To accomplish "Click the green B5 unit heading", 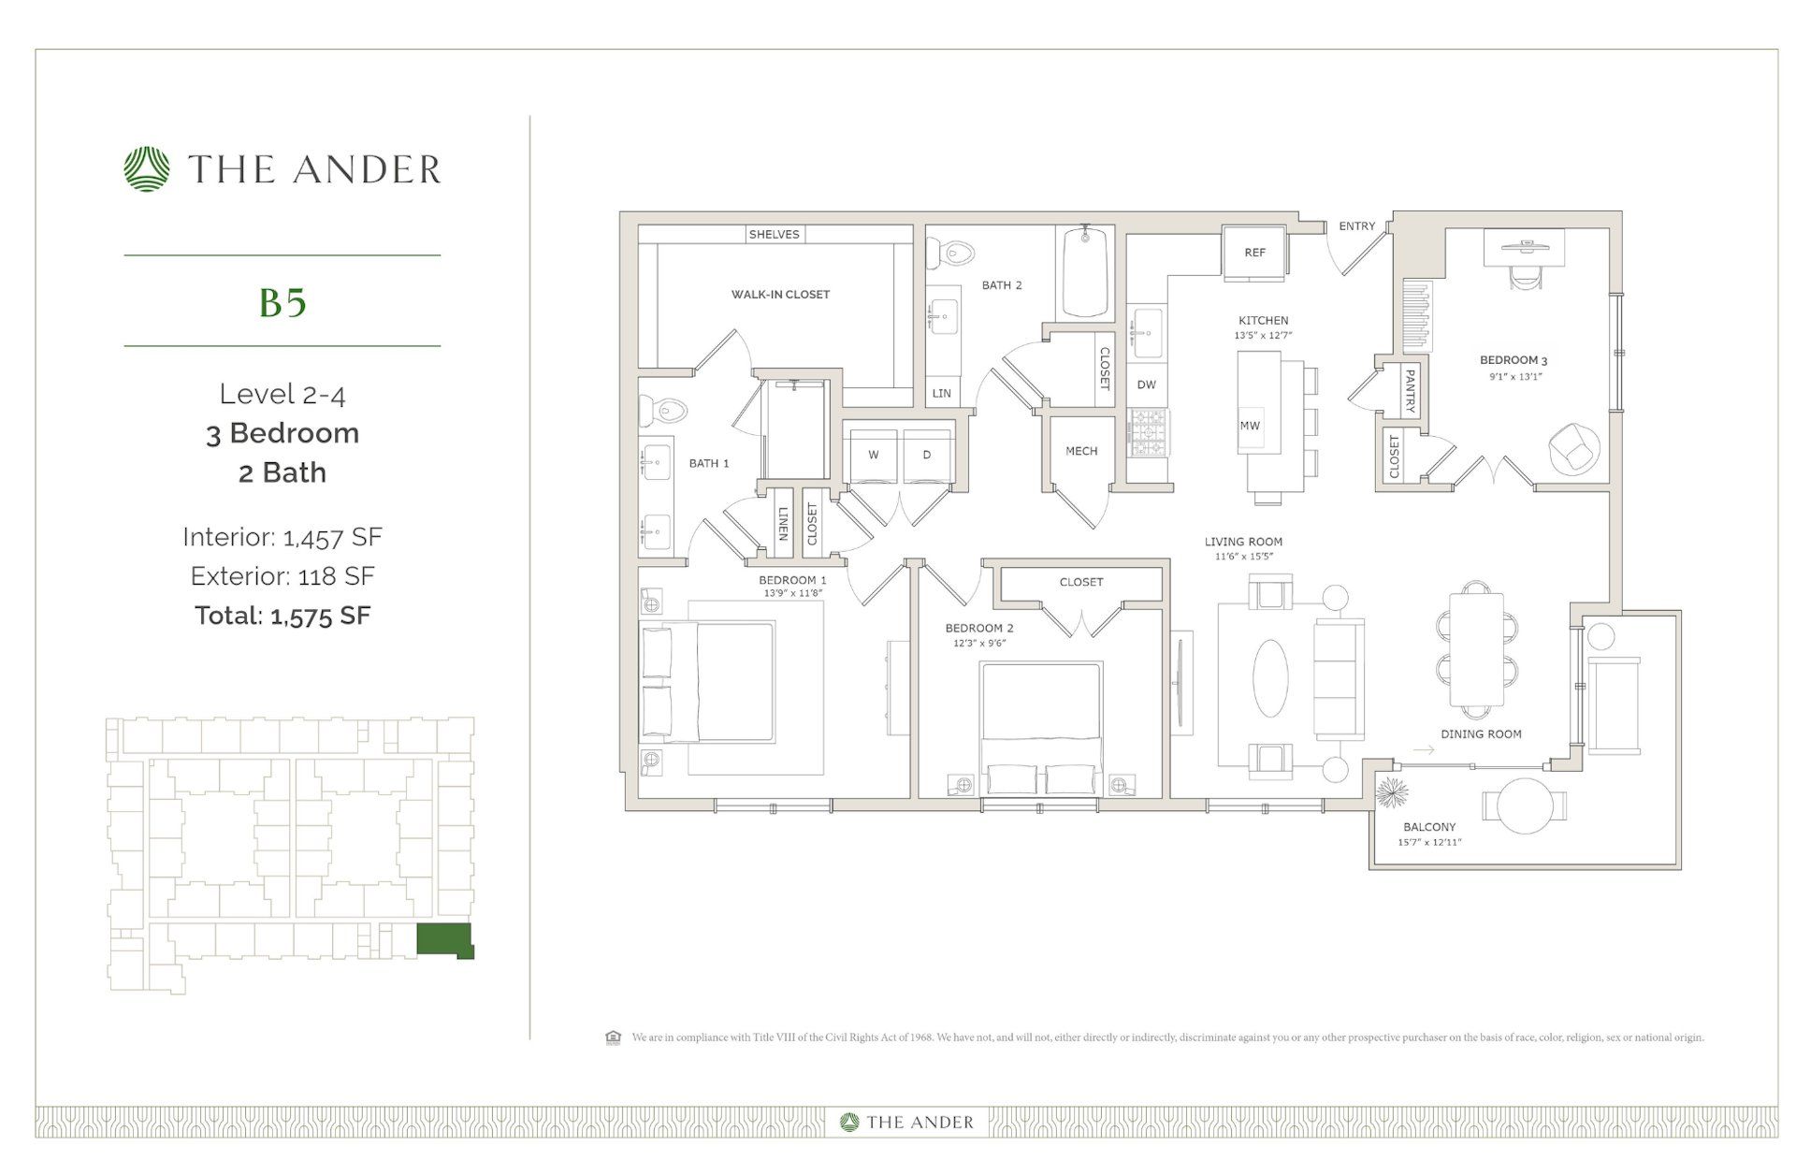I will click(282, 302).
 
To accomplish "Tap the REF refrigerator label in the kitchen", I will click(1254, 253).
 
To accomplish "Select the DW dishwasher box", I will click(1146, 384).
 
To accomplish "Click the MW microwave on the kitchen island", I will click(1250, 426).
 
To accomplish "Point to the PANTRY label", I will click(1410, 390).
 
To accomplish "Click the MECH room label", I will click(1081, 451).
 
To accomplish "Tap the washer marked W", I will click(873, 456).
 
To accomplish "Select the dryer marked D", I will click(927, 456).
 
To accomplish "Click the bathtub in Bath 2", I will click(1085, 272).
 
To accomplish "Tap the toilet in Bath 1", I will click(660, 410).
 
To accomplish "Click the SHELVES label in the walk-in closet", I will click(774, 234).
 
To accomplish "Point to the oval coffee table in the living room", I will click(1270, 678).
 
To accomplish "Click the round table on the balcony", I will click(1525, 805).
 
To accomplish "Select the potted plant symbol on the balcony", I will click(1392, 793).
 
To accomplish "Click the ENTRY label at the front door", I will click(1356, 226).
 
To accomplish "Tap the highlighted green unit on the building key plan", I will click(444, 939).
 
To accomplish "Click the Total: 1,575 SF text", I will click(282, 616).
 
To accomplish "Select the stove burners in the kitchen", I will click(1148, 433).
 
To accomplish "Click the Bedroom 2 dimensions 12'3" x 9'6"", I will click(979, 644).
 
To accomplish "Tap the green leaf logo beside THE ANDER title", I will click(147, 169).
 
